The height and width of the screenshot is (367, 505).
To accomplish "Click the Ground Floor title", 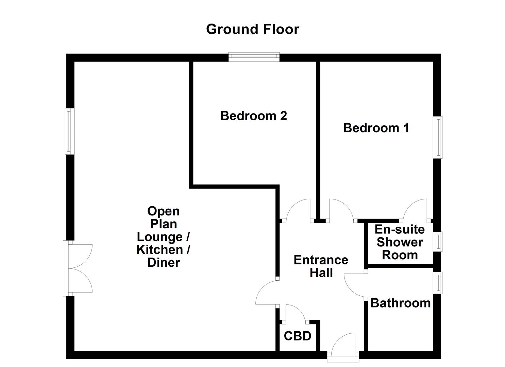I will pos(252,29).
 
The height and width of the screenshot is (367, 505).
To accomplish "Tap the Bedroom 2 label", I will pos(253,116).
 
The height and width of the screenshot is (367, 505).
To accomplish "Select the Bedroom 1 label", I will pos(376,128).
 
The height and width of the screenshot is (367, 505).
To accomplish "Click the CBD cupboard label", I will pos(298,336).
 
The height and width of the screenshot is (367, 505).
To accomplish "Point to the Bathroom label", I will pos(400,303).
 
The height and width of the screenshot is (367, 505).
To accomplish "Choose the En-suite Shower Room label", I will pos(400,242).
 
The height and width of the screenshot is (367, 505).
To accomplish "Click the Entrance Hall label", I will pos(321,266).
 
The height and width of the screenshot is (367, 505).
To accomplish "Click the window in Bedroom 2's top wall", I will pos(254,57).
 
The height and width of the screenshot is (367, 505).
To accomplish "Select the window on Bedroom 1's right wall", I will pos(438,137).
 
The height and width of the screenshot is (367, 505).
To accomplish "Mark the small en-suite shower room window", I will pos(438,242).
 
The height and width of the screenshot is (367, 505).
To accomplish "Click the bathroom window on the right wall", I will pos(438,282).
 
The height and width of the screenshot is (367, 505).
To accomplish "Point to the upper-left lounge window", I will pos(70,131).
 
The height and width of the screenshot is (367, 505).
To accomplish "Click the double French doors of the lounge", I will pos(78,268).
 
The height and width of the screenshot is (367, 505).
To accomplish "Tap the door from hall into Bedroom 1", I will pos(341,211).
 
